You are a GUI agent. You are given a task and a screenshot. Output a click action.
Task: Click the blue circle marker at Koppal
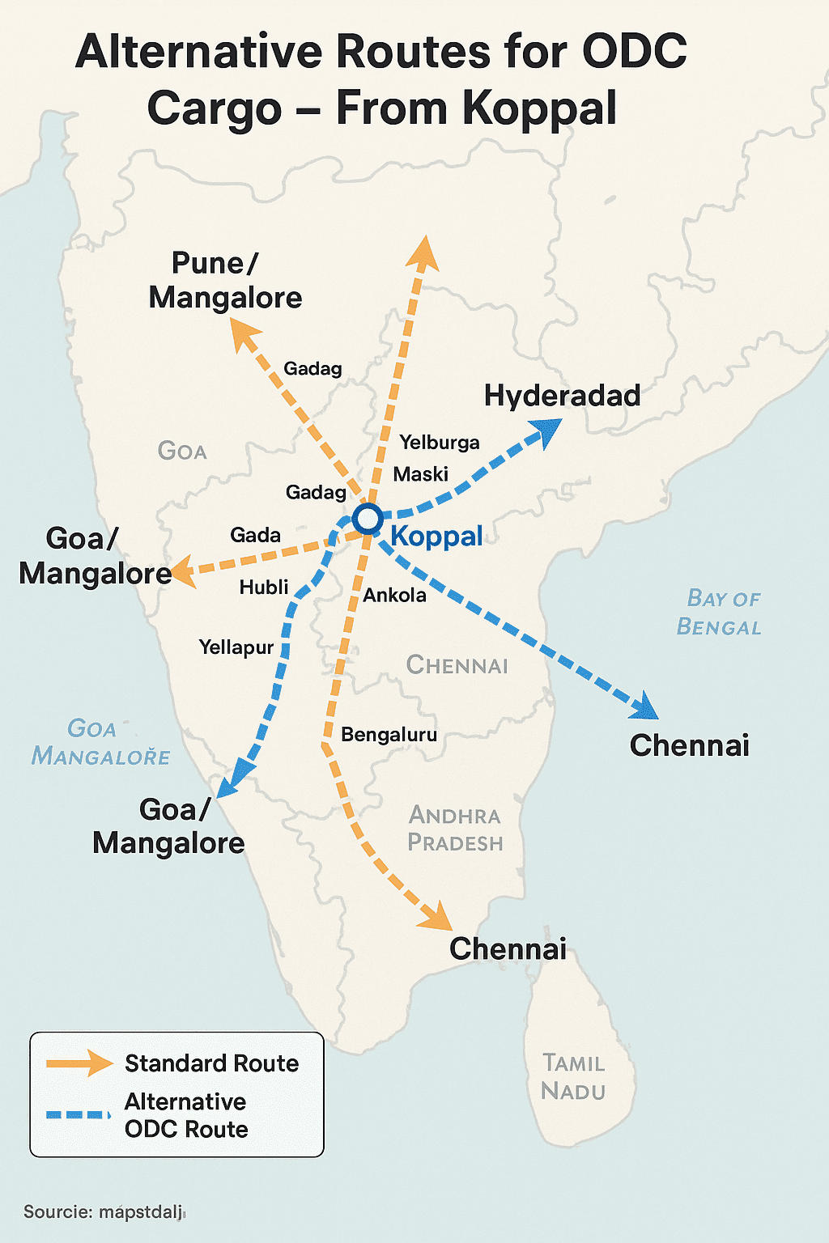click(368, 518)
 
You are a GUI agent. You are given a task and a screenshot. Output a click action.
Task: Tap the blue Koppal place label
click(436, 536)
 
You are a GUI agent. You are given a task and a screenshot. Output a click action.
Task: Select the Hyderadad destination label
click(562, 396)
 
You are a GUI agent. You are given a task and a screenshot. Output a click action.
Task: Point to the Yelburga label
click(440, 443)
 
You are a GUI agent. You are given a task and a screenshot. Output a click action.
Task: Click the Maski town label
click(420, 474)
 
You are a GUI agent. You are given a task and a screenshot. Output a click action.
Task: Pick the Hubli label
click(264, 587)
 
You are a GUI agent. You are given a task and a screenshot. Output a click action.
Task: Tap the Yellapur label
click(236, 647)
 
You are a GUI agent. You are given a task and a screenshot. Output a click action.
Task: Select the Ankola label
click(394, 596)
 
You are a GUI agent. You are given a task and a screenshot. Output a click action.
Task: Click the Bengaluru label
click(389, 735)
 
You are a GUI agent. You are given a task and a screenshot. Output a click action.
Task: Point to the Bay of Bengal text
click(719, 613)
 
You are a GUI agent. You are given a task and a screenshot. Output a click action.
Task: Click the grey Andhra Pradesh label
click(455, 829)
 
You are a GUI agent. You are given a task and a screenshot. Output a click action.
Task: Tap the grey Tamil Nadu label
click(573, 1077)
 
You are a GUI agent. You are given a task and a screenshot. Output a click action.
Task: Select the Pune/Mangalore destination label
click(225, 281)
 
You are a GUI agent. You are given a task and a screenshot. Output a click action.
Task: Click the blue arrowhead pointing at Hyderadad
click(548, 431)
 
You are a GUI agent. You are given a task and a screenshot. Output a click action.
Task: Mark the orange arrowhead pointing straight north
click(423, 252)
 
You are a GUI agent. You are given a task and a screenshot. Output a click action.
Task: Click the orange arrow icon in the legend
click(79, 1063)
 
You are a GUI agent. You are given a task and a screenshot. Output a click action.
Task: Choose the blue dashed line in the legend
click(78, 1115)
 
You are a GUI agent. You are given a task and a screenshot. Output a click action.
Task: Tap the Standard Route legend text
click(211, 1063)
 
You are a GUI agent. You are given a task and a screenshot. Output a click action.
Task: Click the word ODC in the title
click(634, 52)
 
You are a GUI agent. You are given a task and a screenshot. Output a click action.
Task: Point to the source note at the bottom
click(104, 1212)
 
